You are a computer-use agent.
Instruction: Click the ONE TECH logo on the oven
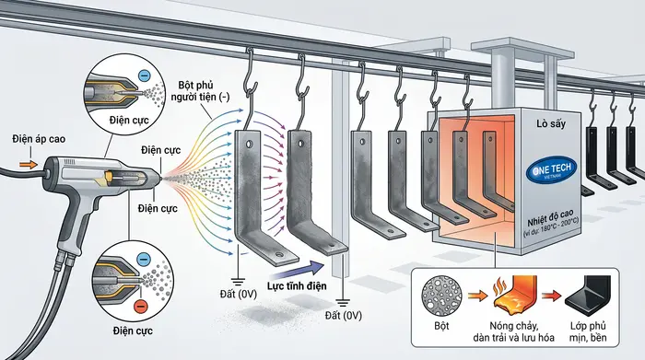pos(553,170)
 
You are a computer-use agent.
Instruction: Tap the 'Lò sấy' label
pos(551,123)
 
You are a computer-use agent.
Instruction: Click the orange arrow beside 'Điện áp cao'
pos(28,165)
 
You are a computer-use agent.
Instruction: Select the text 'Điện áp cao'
pos(39,139)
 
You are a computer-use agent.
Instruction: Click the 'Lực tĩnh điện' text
pos(297,285)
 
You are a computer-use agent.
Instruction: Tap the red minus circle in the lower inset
pos(141,306)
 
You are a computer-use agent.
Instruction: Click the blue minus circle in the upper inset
pos(144,75)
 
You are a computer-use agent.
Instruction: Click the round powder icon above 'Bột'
pos(441,296)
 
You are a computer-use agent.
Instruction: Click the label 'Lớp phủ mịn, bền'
pos(588,332)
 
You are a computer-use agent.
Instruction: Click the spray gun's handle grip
pos(76,222)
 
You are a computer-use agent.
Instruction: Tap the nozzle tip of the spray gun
pos(160,177)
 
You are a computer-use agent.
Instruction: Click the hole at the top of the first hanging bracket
pos(250,145)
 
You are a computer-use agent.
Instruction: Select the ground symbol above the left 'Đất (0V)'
pos(238,282)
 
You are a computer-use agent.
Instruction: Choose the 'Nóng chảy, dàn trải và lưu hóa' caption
pos(514,332)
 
